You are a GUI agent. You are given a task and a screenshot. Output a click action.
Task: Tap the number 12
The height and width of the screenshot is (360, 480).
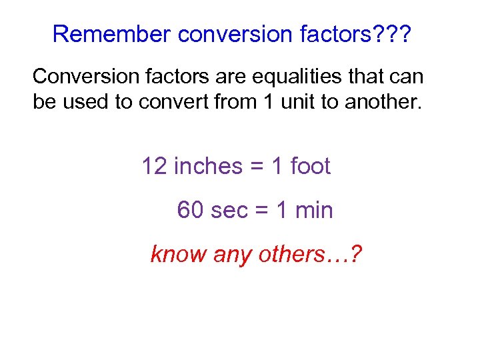tap(155, 166)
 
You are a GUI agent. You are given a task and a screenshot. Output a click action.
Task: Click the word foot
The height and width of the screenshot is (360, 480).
tap(310, 166)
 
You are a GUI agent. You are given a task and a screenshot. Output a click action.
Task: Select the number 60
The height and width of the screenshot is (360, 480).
tap(191, 211)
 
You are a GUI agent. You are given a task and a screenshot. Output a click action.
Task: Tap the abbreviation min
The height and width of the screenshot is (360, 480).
tap(313, 211)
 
